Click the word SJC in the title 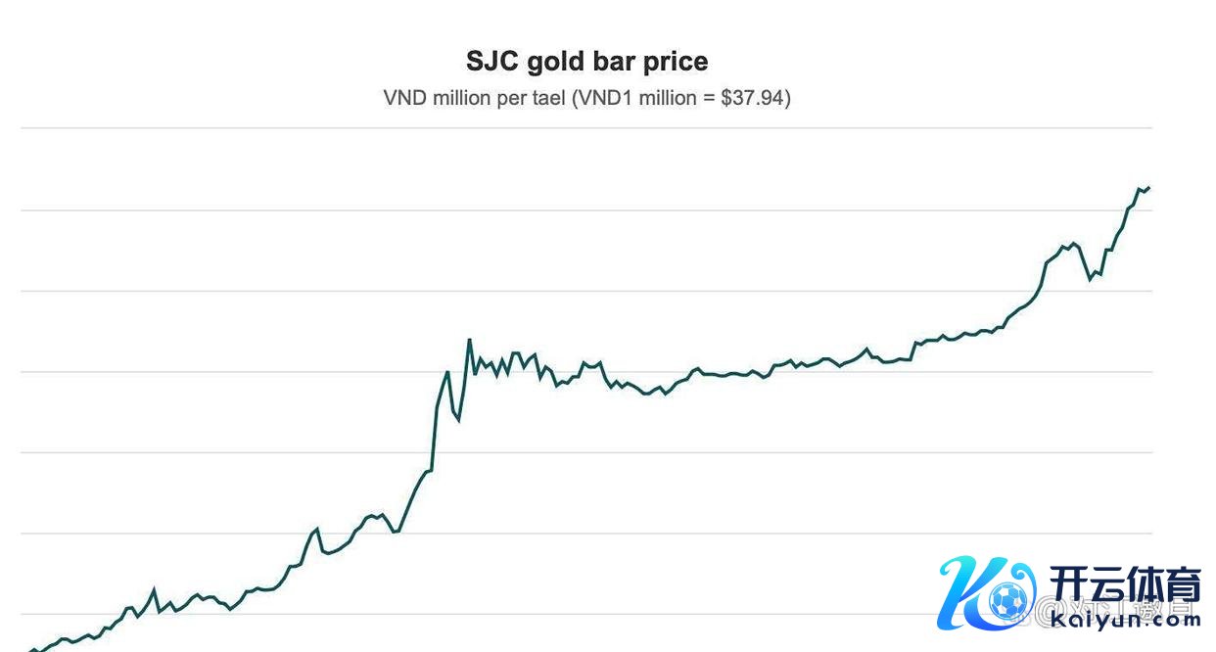click(492, 62)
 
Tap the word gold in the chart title click(555, 62)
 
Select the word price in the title click(675, 62)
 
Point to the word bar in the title click(614, 62)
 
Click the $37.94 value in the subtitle click(752, 99)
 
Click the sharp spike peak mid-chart click(470, 340)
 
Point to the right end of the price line click(1148, 187)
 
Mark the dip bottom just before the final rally click(1091, 279)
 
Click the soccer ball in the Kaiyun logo click(1007, 600)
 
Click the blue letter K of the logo click(969, 592)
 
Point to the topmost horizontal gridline click(587, 128)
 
